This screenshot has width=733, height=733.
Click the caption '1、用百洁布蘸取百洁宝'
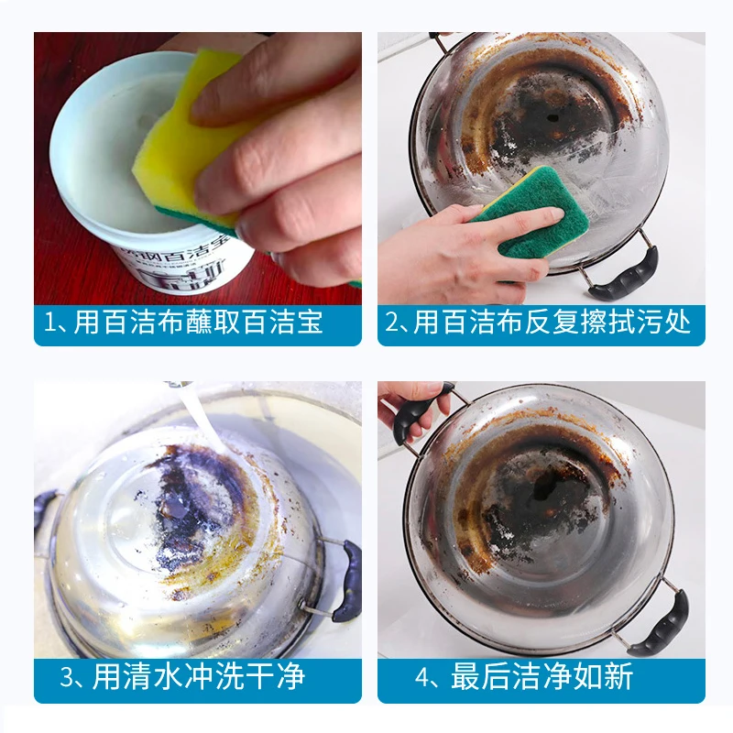tap(184, 323)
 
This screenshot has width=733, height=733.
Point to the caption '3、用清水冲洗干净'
tap(182, 678)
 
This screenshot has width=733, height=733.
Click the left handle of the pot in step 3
tap(43, 513)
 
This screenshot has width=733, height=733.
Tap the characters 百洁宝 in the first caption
tap(289, 323)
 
